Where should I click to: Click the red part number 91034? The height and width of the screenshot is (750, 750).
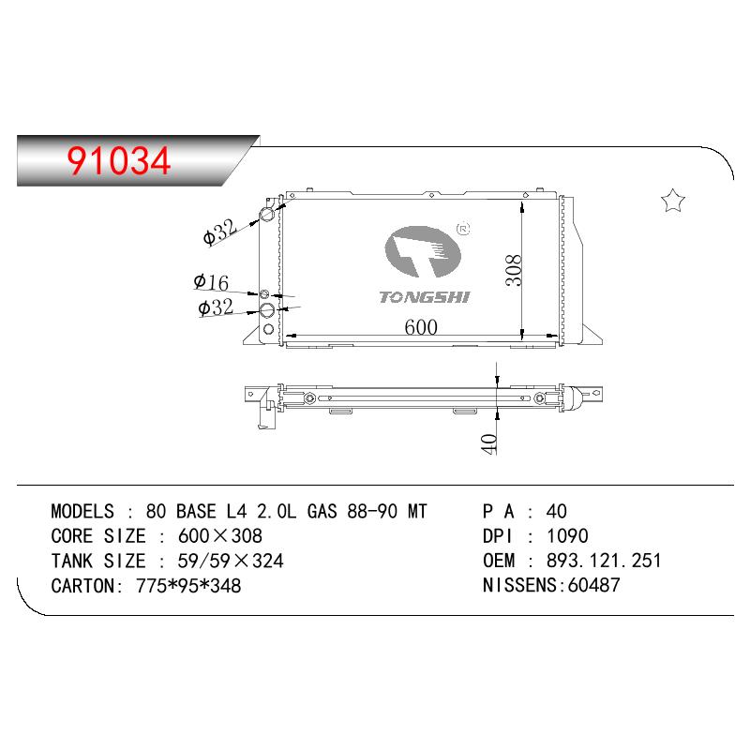pos(119,160)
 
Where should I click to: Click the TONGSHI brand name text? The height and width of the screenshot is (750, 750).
pos(425,297)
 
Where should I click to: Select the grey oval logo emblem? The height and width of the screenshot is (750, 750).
pos(423,251)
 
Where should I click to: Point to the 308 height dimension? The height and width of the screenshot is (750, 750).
pos(514,270)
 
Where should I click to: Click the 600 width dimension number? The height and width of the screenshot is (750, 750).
pos(421,327)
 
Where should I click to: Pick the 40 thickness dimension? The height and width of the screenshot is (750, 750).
pos(488,443)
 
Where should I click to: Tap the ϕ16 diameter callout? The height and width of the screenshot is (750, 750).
pos(211,282)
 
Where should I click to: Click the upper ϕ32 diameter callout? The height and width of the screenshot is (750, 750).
pos(220,232)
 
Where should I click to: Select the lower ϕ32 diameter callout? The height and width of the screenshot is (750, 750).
pos(216,307)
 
